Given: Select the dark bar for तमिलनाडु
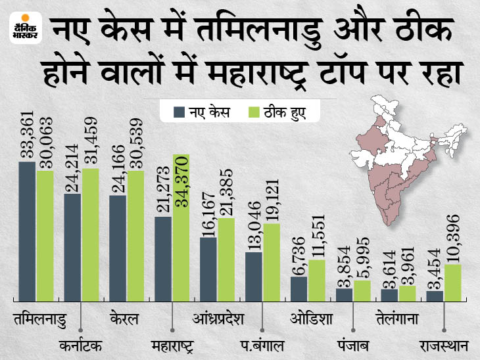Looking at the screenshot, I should [x=27, y=231].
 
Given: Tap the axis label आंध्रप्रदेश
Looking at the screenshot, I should [x=218, y=320].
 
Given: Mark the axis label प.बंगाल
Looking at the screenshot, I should [x=262, y=344].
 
